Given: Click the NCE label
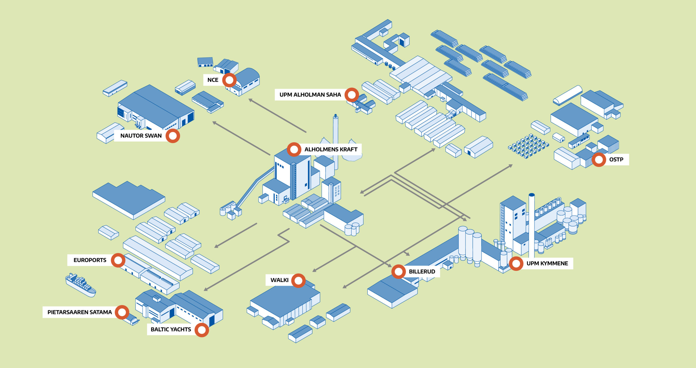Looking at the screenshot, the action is [213, 80].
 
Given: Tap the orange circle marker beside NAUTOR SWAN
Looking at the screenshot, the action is [173, 136].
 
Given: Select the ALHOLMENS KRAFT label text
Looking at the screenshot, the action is [331, 149].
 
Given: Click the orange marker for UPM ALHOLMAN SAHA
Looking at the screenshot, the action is [352, 95].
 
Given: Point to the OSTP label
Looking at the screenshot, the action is [616, 159].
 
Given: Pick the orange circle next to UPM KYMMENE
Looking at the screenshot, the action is [516, 263].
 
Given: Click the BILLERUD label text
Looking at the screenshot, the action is [422, 272].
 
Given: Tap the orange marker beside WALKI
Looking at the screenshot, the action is [298, 281].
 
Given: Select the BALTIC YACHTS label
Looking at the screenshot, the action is [171, 329].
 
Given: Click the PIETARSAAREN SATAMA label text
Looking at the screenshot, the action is [79, 312].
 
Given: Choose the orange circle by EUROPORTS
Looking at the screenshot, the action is [118, 260].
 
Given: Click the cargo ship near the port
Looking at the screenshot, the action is [80, 285].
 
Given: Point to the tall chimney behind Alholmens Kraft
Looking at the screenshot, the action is [336, 141].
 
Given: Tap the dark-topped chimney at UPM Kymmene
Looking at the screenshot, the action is [532, 225].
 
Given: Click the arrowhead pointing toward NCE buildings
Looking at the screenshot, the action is [251, 100].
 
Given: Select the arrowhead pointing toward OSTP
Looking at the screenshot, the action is [510, 166].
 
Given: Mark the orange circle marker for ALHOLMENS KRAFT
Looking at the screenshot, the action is [294, 149].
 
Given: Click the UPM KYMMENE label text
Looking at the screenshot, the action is [547, 263].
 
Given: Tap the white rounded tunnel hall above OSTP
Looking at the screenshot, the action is [568, 95].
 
